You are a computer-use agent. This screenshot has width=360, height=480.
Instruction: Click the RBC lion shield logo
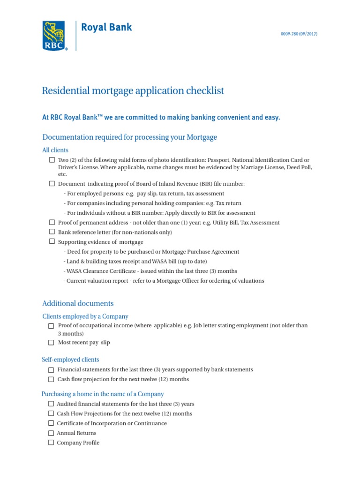coord(54,36)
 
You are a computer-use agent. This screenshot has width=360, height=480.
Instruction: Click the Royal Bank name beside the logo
coord(106,28)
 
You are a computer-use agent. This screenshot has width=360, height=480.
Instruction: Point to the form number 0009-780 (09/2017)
coord(299,34)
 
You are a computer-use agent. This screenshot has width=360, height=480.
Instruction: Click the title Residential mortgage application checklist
coord(133,90)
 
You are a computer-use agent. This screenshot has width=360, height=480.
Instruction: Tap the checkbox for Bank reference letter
coord(52,232)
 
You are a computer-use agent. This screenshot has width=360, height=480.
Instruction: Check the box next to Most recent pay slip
coord(51,343)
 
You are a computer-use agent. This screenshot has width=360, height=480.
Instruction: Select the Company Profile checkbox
coord(51,443)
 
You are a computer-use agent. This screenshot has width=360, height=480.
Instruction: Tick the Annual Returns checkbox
coord(51,434)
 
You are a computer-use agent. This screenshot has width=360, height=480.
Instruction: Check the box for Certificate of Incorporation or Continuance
coord(51,423)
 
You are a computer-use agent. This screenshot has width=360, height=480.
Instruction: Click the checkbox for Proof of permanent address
coord(52,222)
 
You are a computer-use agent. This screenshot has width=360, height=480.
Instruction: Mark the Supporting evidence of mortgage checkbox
coord(52,241)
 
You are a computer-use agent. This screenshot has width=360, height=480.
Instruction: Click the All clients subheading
coord(55,150)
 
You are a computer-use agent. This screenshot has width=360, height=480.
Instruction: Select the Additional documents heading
coord(78,304)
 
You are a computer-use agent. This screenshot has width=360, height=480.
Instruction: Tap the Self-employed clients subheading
coord(70,360)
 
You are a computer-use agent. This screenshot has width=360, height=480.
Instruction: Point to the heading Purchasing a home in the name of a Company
coord(103,394)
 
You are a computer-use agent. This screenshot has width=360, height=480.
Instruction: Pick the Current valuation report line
coord(164,281)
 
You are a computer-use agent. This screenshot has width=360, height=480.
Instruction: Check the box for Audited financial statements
coord(51,404)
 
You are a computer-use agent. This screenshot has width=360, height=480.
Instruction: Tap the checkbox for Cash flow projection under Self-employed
coord(51,379)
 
